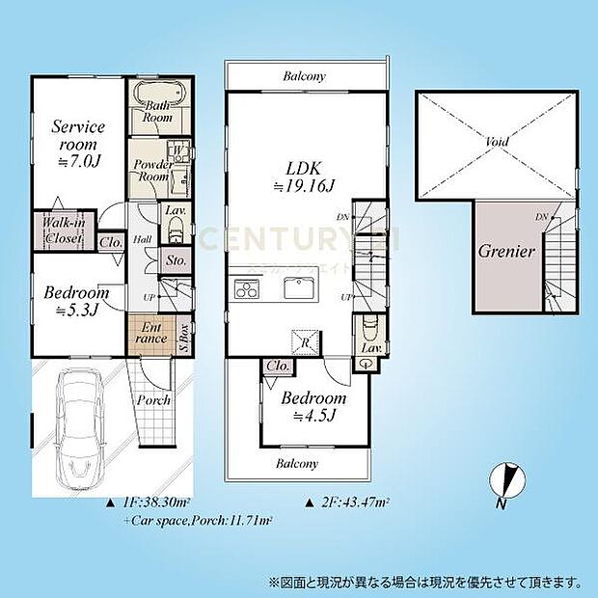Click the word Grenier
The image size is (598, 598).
[x=505, y=253]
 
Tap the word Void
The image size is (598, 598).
[x=497, y=142]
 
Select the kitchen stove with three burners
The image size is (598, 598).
[x=245, y=287]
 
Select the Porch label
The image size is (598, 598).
[x=153, y=399]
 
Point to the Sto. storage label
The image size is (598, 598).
[x=175, y=259]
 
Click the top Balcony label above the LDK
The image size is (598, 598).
[x=304, y=76]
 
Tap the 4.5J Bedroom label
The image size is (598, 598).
[x=313, y=406]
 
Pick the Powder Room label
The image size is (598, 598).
[x=152, y=170]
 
